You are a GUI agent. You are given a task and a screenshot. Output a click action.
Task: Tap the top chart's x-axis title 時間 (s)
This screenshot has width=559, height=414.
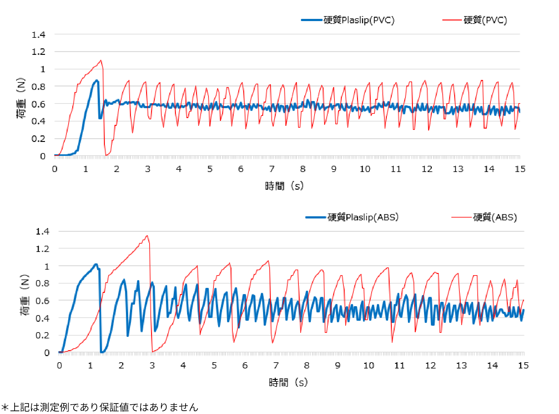284,186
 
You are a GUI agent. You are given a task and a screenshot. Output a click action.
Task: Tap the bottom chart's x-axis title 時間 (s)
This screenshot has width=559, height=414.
288,382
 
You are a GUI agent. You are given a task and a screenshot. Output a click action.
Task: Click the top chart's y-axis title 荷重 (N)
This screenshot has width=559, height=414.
21,98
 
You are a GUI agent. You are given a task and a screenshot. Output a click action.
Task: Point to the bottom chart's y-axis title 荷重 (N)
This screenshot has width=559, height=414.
25,295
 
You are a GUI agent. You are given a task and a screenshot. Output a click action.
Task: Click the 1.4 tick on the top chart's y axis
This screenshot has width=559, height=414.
38,35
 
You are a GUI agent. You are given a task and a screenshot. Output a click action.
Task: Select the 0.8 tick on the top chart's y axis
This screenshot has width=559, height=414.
38,87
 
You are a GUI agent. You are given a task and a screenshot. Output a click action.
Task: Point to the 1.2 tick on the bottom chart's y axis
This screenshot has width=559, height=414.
42,249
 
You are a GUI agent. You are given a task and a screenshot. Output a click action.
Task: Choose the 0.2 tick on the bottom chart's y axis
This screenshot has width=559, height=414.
42,335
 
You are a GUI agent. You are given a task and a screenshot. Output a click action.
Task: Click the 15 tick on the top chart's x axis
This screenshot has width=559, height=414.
520,169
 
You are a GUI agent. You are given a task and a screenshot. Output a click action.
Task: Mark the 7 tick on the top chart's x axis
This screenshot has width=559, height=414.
272,169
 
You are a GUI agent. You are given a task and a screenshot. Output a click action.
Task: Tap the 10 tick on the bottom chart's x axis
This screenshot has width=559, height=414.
369,366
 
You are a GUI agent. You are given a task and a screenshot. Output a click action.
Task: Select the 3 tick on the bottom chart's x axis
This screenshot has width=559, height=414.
152,366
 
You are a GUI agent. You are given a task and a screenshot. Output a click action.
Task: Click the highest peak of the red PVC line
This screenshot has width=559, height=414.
101,60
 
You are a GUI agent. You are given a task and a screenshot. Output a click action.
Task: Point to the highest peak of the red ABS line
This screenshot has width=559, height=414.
147,236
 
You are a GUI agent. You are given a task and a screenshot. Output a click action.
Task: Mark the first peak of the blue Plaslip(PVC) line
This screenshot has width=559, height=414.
97,80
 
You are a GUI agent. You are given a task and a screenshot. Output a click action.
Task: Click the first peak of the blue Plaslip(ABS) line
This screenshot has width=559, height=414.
96,264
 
